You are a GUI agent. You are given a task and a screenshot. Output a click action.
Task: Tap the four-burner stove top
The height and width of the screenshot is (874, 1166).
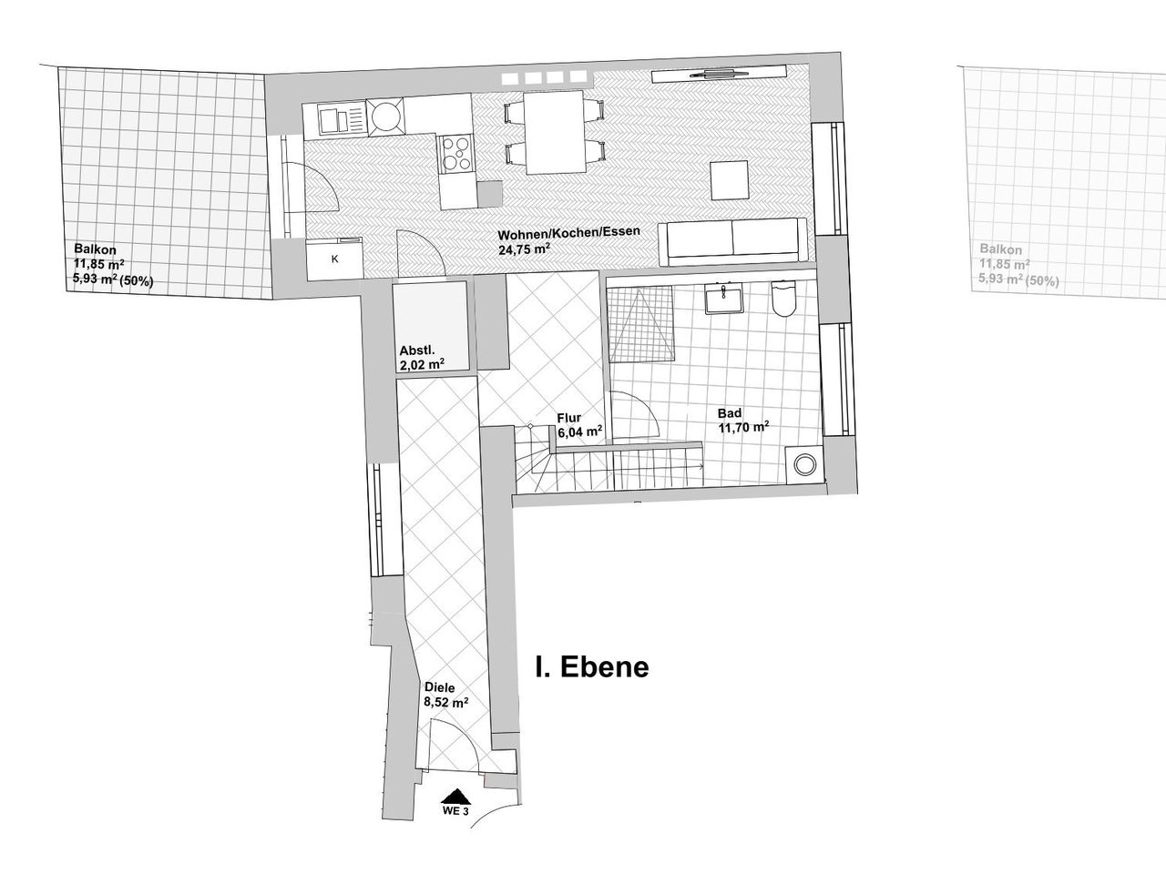(x=456, y=153)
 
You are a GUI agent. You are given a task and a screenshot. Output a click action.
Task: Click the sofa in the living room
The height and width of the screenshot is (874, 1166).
(x=733, y=242)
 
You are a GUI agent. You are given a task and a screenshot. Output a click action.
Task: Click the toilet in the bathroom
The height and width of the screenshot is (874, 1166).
(x=783, y=300)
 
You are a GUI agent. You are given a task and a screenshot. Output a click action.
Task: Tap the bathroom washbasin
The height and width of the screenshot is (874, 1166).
(x=726, y=299)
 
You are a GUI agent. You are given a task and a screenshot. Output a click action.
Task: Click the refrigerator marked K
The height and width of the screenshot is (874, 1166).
(x=334, y=259)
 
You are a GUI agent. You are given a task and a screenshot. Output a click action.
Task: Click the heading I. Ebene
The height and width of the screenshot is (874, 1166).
(x=591, y=666)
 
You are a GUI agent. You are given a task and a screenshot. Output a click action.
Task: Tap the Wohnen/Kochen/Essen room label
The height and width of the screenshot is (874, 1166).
(x=569, y=231)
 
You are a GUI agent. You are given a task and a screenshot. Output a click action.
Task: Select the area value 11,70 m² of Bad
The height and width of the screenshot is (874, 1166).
(x=743, y=426)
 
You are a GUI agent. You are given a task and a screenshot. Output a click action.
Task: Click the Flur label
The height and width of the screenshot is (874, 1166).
(x=569, y=419)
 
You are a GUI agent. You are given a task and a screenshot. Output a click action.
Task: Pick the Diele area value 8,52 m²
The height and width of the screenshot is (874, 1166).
(x=446, y=702)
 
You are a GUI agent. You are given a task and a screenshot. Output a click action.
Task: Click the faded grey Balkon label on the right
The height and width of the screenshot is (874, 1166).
(x=1000, y=249)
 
